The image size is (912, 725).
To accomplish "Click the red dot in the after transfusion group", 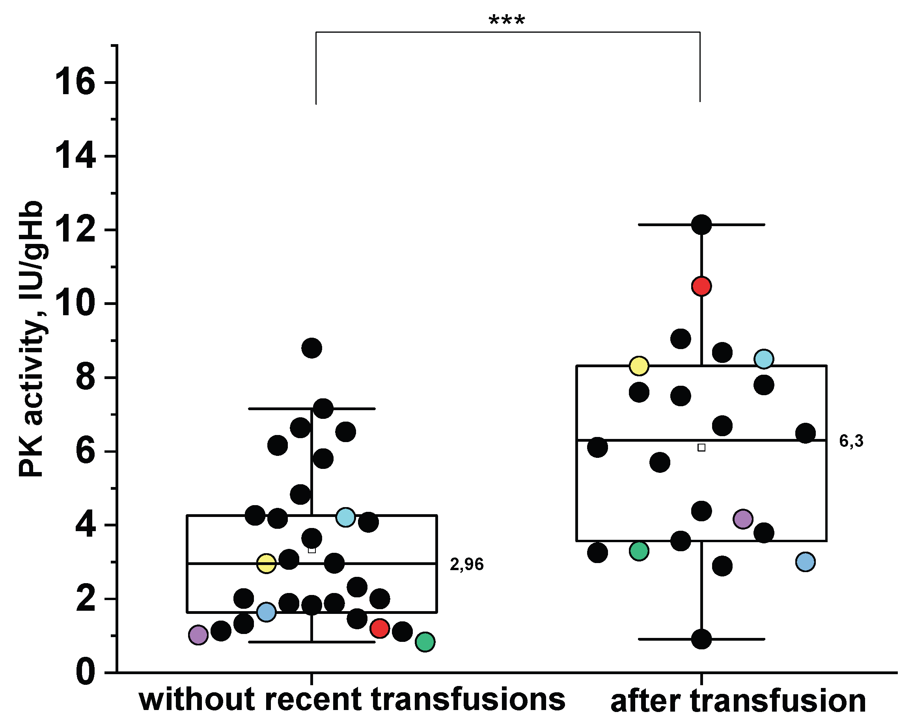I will pyautogui.click(x=701, y=286).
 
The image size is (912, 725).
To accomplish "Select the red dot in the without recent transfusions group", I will pyautogui.click(x=379, y=628).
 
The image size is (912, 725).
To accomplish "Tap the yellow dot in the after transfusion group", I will pyautogui.click(x=639, y=366).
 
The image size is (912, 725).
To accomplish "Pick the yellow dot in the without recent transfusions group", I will pyautogui.click(x=266, y=563).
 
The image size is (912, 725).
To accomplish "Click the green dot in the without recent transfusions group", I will pyautogui.click(x=425, y=642).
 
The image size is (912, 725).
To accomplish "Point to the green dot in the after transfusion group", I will pyautogui.click(x=639, y=551).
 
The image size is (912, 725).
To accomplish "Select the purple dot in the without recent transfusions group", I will pyautogui.click(x=198, y=634).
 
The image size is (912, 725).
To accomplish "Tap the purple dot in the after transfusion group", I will pyautogui.click(x=743, y=519).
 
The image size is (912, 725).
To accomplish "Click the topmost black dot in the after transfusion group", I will pyautogui.click(x=701, y=224).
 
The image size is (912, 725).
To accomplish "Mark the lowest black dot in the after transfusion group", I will pyautogui.click(x=701, y=639).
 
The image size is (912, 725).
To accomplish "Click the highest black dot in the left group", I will pyautogui.click(x=312, y=348).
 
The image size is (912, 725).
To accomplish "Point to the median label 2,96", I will pyautogui.click(x=466, y=564).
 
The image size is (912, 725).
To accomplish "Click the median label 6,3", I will pyautogui.click(x=851, y=441).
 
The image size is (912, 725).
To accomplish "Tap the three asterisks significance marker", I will pyautogui.click(x=507, y=20).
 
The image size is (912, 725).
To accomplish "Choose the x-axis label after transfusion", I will pyautogui.click(x=738, y=702).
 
